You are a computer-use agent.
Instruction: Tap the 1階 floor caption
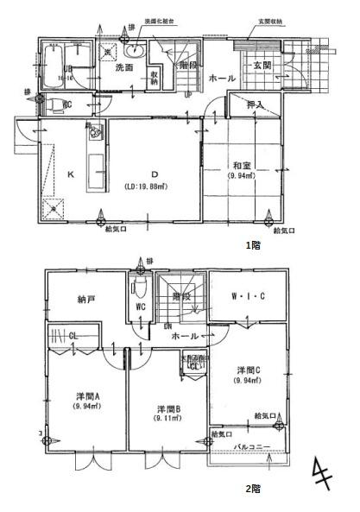click(x=251, y=244)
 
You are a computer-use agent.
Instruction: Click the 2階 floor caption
click(x=251, y=488)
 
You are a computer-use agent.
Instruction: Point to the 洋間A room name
click(x=85, y=398)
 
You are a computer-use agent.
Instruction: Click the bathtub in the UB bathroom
click(x=60, y=70)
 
